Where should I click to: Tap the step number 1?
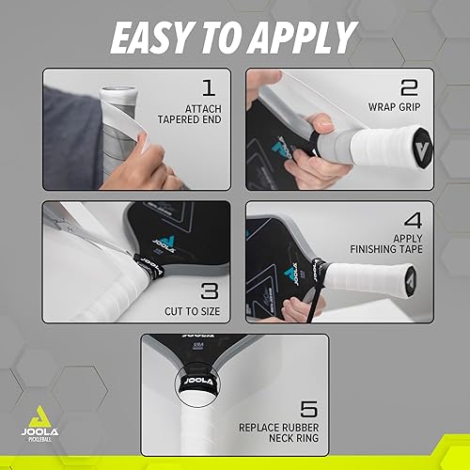tap(208, 90)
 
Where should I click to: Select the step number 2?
tap(408, 90)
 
